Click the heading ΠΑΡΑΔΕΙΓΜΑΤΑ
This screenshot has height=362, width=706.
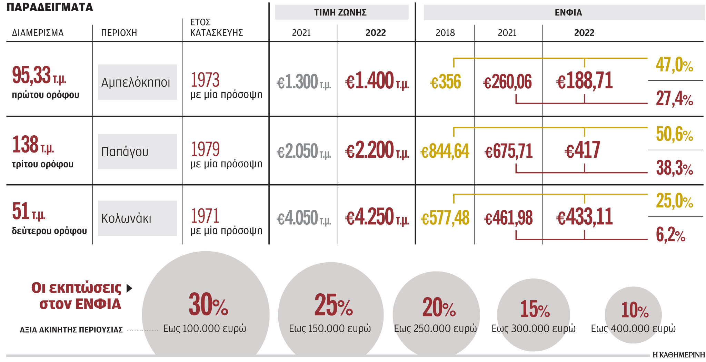[x=50, y=7]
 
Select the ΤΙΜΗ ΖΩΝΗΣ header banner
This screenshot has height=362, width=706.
[x=341, y=12]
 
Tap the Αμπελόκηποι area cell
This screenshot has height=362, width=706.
[x=137, y=82]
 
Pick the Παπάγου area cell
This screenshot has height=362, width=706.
[x=137, y=151]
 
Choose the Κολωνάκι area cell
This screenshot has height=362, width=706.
[x=137, y=218]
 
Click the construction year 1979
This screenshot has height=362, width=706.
[x=205, y=149]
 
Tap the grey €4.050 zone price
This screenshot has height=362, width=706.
[x=303, y=218]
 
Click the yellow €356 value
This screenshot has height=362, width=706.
[x=445, y=82]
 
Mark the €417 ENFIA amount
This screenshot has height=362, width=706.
[x=582, y=150]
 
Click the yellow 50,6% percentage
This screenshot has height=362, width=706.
[x=674, y=134]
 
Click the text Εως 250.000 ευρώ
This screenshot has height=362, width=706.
[x=435, y=328]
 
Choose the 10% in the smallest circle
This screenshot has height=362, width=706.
[x=634, y=310]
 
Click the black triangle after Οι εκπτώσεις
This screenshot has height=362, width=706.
[x=129, y=288]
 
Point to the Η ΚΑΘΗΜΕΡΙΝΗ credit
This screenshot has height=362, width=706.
[x=678, y=355]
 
